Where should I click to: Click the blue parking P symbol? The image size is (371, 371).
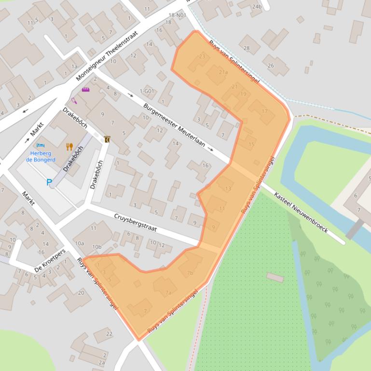point(49,182)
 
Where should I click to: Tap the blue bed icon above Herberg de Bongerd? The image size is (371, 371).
point(41,145)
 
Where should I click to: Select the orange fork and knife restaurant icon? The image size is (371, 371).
point(69,146)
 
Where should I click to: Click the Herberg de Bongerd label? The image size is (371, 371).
point(41,157)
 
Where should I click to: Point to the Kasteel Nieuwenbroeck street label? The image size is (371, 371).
point(301,212)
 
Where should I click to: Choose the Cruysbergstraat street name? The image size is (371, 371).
point(136,223)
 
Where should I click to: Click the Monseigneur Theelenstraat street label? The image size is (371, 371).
point(107,56)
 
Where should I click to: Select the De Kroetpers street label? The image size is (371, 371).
point(50,261)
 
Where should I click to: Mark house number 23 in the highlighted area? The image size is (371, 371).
point(202,56)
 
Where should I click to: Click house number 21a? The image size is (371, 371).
point(223,72)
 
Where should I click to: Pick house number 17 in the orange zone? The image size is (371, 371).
point(264,111)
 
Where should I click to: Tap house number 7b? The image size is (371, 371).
point(190,273)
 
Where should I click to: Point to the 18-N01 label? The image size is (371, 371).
point(177,15)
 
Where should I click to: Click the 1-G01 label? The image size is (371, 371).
point(147,91)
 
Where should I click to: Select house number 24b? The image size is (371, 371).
point(257,7)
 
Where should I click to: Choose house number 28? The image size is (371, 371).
point(247,48)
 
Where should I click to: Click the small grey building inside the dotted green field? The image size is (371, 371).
point(275,278)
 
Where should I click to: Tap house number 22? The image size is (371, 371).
point(109,334)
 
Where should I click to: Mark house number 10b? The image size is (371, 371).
point(96,247)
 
